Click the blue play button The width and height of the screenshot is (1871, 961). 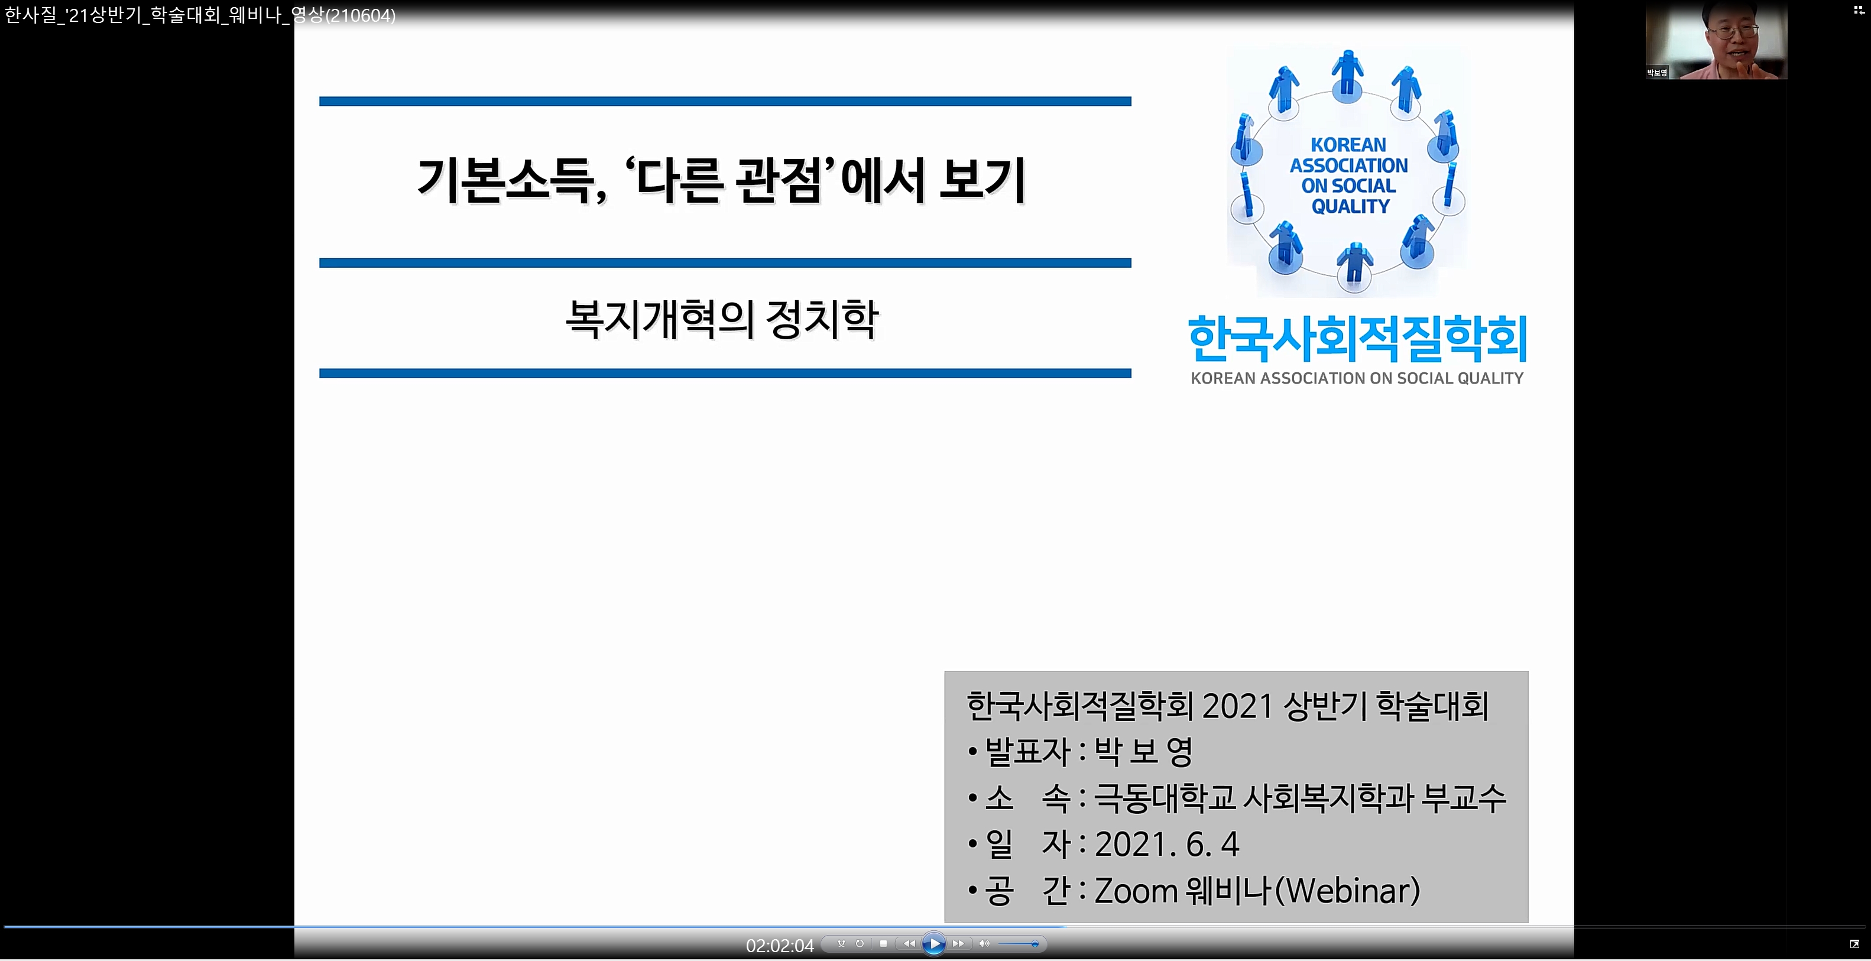[934, 944]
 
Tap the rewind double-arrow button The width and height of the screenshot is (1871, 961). [909, 944]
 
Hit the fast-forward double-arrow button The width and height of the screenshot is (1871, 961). [959, 944]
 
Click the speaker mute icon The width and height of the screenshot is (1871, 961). [984, 944]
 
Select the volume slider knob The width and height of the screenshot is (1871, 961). [1035, 944]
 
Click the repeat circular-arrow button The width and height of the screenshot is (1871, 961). [860, 944]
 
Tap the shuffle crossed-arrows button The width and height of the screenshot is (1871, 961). [841, 944]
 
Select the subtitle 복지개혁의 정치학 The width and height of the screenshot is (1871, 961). [722, 319]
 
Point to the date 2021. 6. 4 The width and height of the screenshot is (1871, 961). [1166, 844]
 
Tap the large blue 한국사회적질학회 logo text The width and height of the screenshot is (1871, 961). [1357, 339]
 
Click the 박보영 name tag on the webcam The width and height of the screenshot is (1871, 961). [1657, 73]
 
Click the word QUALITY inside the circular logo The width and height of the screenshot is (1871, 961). [1350, 206]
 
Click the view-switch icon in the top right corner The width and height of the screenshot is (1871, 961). [1859, 9]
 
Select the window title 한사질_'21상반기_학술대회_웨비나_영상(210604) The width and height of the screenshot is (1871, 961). [200, 15]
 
